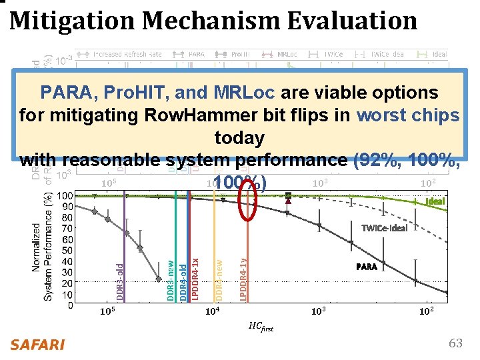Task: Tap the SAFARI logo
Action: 37,345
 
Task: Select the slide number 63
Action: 455,343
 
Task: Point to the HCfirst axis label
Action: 261,326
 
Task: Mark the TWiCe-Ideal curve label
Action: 384,227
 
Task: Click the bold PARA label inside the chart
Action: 366,267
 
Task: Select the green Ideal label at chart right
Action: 435,201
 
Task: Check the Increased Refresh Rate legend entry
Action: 117,54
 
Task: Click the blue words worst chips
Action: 408,115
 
